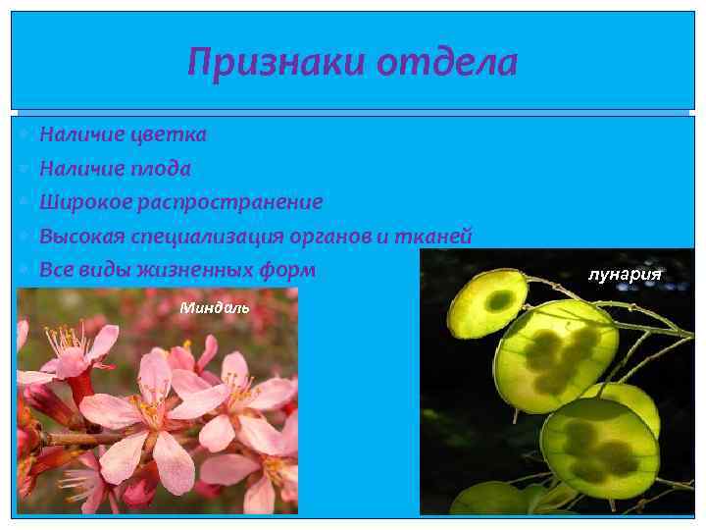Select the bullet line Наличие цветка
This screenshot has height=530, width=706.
click(x=123, y=133)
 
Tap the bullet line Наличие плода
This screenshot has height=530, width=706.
click(x=115, y=168)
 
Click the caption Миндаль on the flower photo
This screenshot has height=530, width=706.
click(x=215, y=308)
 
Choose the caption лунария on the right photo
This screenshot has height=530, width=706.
click(x=625, y=274)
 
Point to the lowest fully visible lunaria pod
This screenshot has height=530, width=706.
click(x=598, y=448)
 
